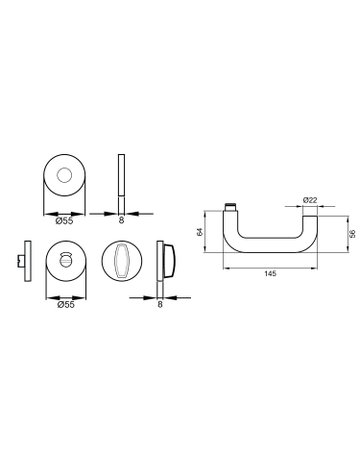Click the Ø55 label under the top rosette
tap(64, 220)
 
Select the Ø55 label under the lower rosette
tap(66, 304)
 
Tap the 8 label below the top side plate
tap(121, 220)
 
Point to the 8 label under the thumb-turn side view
tap(160, 304)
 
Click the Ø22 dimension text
tap(310, 200)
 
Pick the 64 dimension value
tap(200, 232)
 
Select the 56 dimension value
tap(353, 234)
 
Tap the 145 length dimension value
tap(270, 274)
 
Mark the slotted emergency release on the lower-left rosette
tap(65, 259)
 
